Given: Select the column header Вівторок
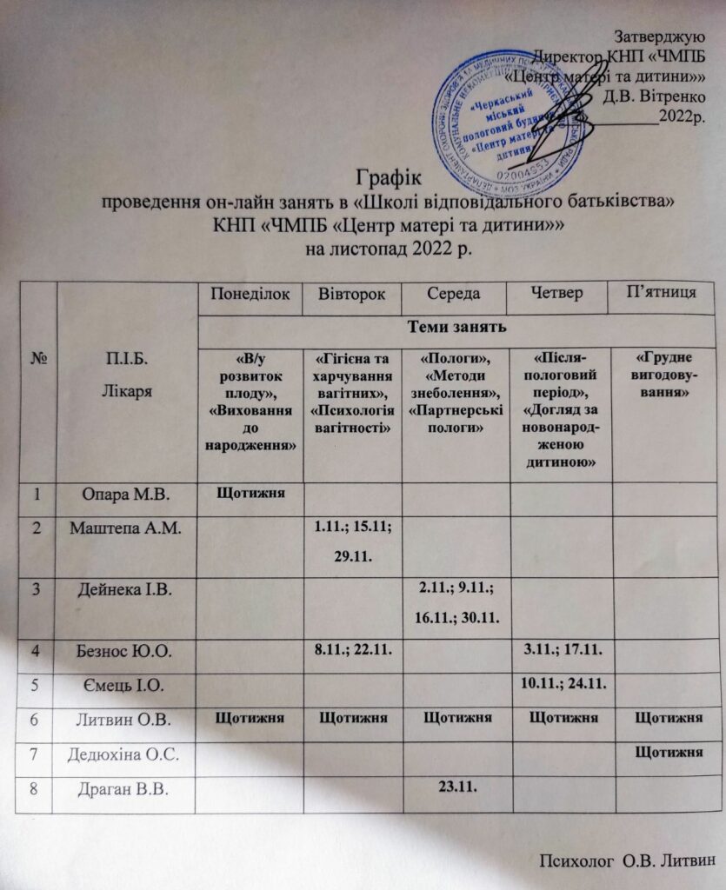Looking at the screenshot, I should click(352, 296).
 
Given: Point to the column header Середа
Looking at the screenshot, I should click(453, 296).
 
